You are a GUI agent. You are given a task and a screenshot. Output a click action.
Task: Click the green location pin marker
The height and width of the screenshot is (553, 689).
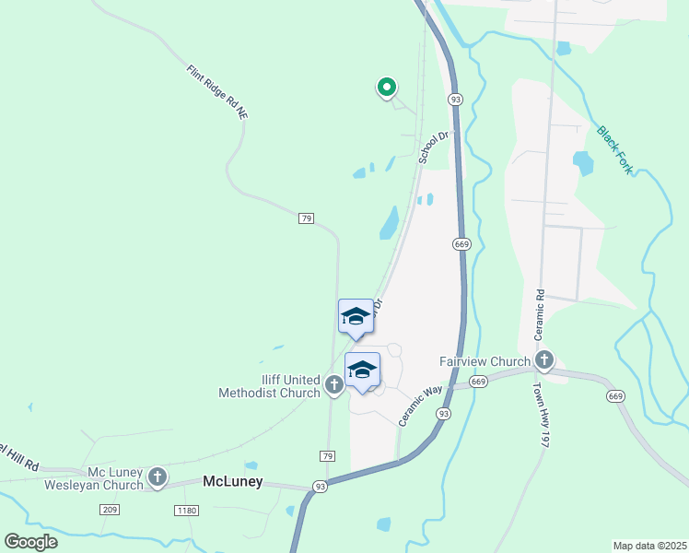[387, 88]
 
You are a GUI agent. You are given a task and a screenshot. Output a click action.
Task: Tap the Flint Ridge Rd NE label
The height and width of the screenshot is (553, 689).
[217, 91]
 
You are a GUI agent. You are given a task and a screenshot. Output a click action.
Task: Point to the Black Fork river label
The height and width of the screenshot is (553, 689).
[614, 150]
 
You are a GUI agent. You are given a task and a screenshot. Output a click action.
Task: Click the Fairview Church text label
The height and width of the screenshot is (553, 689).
[484, 361]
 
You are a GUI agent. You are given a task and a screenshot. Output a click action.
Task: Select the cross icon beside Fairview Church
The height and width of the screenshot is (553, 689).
[544, 360]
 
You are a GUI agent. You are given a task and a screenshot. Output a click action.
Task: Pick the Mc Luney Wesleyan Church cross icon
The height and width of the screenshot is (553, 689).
[158, 477]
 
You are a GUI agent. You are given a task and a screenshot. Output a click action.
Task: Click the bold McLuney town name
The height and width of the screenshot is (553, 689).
[232, 481]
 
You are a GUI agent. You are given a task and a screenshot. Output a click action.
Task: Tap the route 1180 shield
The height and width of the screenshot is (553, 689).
[187, 510]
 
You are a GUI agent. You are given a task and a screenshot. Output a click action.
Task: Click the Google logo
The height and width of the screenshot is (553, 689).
[30, 541]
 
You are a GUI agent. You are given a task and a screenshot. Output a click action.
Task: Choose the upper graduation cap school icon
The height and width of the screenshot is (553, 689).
[356, 317]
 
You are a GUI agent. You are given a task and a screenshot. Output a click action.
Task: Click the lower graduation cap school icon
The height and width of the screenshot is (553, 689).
[362, 370]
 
